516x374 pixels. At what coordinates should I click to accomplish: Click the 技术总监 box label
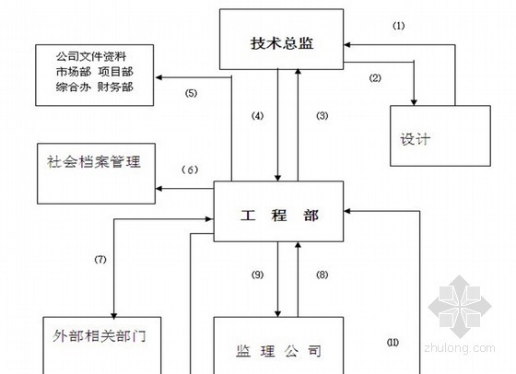282,43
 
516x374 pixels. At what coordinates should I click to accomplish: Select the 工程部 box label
279,216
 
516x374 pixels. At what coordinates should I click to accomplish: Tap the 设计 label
416,139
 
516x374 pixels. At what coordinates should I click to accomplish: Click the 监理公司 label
278,351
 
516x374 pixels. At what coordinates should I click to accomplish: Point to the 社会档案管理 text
94,161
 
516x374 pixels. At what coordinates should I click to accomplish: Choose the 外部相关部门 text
100,336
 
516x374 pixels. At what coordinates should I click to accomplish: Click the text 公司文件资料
91,56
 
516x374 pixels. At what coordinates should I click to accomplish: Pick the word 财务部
115,87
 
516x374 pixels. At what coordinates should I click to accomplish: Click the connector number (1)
398,26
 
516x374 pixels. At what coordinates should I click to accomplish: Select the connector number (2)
375,78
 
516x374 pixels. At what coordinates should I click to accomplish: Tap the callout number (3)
322,115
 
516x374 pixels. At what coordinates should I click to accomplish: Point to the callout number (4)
257,115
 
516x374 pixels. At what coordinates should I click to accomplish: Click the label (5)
191,93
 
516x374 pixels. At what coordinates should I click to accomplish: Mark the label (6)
190,169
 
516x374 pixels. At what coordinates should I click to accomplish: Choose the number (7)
100,259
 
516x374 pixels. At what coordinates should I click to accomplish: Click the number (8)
322,275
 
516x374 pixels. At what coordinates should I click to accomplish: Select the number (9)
257,275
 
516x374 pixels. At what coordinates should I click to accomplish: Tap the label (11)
393,343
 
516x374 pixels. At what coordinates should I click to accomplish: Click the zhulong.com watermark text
460,347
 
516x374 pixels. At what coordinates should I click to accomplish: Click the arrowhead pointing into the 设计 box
414,102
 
